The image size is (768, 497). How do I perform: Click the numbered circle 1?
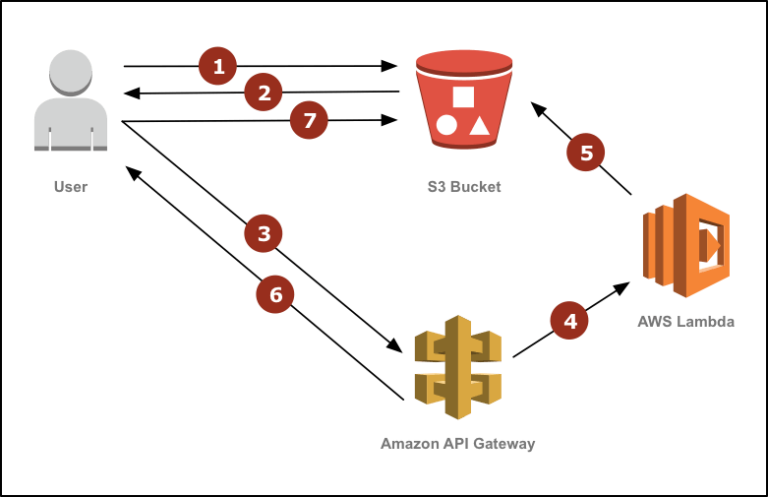coord(218,66)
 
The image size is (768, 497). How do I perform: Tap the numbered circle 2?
coord(264,92)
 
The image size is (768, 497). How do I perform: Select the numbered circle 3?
coord(264,233)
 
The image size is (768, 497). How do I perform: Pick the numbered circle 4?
coord(569,321)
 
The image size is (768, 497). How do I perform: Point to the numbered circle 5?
coord(586,152)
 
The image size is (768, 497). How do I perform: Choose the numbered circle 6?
coord(275,294)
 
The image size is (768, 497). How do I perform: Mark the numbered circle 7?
coord(309,120)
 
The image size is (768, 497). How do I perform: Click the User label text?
coord(71,187)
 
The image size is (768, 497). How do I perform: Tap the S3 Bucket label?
coord(464,187)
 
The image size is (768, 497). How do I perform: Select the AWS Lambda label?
coord(686,322)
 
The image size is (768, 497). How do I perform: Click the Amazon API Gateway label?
coord(457,444)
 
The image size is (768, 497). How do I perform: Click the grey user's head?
coord(71,72)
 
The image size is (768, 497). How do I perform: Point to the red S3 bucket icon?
coord(464,99)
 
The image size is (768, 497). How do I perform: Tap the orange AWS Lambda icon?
coord(686,245)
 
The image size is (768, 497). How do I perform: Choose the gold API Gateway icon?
coord(458,367)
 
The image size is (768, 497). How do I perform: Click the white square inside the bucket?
coord(463,97)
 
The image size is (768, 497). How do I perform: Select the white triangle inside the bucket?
coord(479,126)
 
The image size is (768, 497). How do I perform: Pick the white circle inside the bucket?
coord(446,125)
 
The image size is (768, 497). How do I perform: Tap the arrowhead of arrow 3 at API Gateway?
coord(395,345)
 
